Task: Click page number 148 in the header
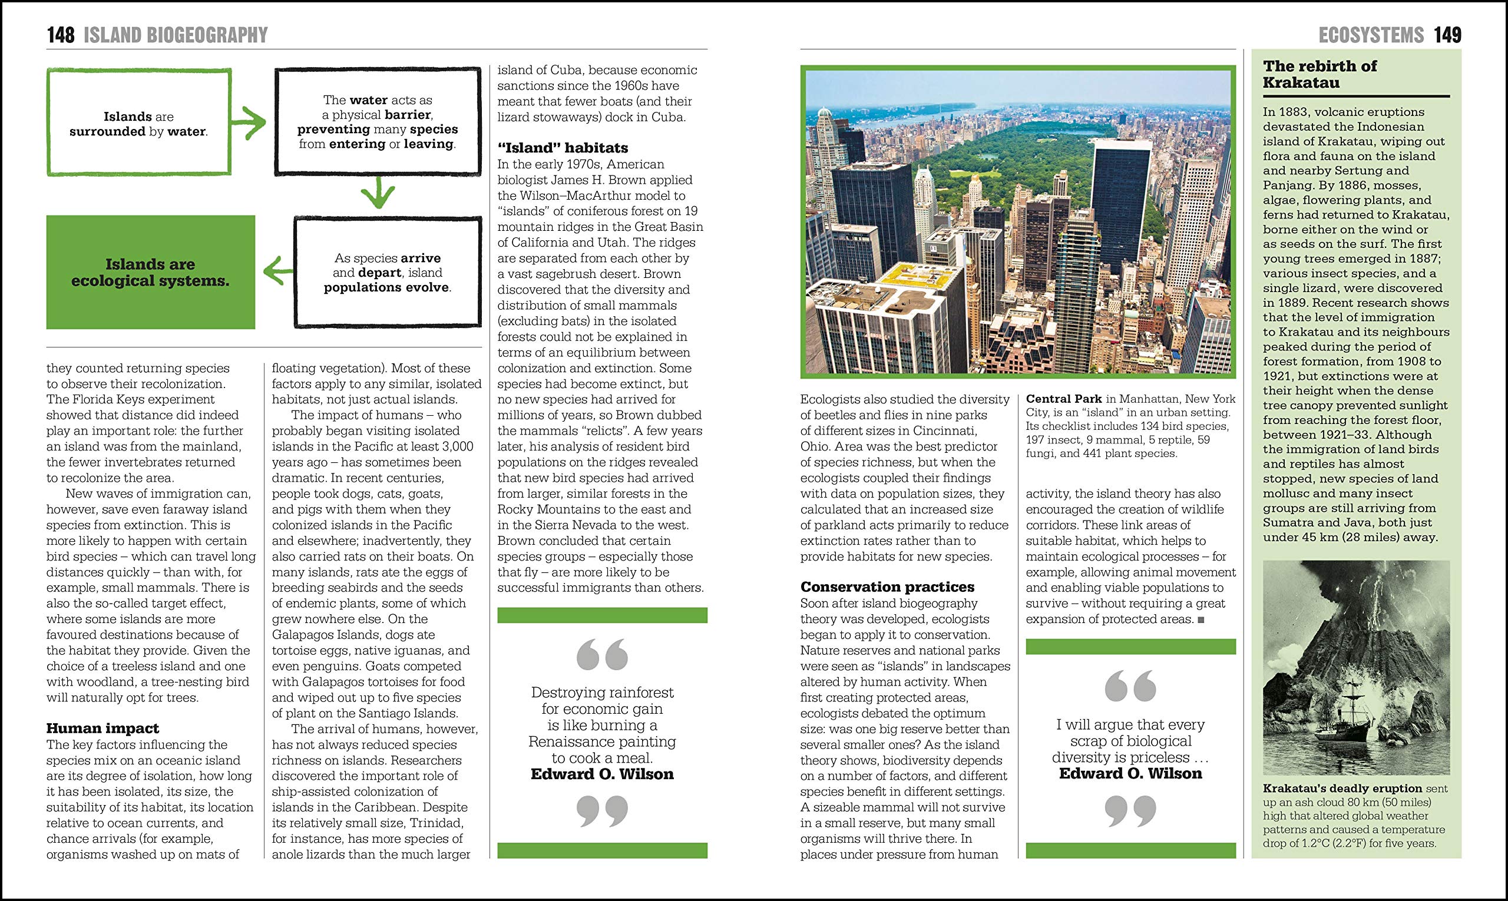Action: click(x=61, y=35)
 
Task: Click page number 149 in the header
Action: click(x=1447, y=35)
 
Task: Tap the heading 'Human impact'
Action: click(x=102, y=728)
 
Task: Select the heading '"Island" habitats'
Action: click(x=563, y=148)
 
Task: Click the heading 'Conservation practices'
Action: click(x=887, y=587)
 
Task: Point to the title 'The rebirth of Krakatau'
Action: click(x=1319, y=74)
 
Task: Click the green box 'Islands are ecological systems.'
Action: click(x=151, y=272)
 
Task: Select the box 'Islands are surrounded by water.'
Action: click(x=138, y=123)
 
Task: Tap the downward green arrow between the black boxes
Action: click(x=377, y=194)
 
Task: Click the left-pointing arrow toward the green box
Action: click(x=278, y=271)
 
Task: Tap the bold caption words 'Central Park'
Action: click(x=1063, y=399)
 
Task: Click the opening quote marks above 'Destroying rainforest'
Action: click(x=602, y=654)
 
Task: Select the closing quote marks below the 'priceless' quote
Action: click(x=1130, y=811)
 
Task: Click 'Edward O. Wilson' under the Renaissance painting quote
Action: click(x=602, y=774)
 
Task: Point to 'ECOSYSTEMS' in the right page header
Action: click(x=1371, y=35)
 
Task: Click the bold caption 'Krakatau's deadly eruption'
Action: click(x=1342, y=788)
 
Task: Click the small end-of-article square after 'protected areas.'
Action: click(x=1201, y=620)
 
